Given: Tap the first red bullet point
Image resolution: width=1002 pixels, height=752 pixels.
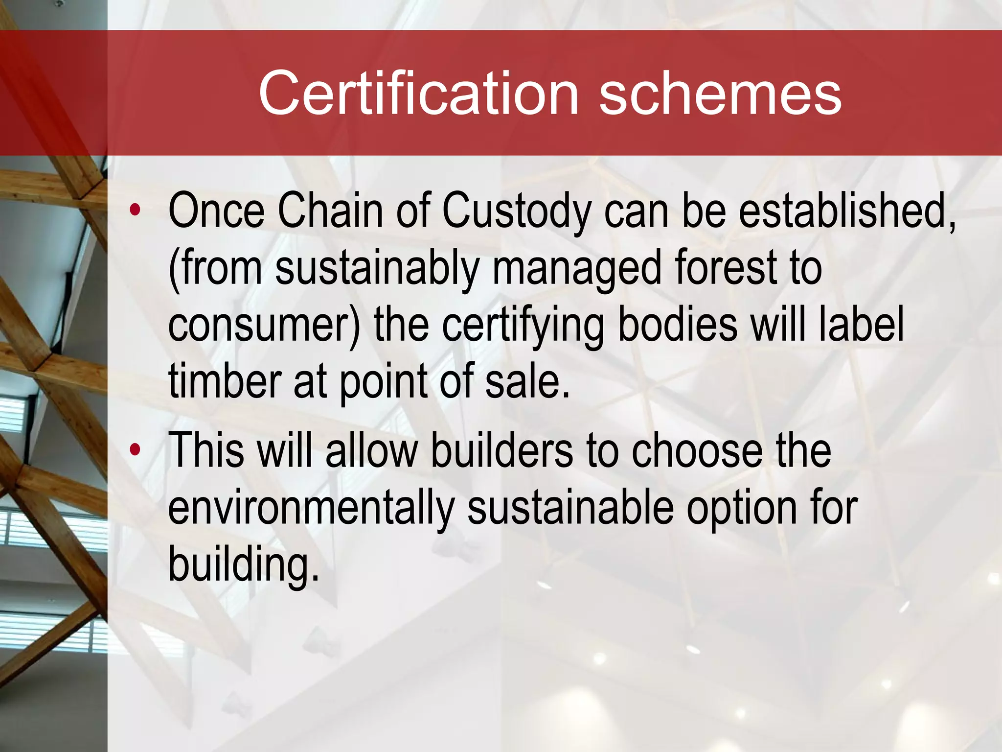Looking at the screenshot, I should [135, 211].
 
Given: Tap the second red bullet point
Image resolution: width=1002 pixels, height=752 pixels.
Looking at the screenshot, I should [135, 449].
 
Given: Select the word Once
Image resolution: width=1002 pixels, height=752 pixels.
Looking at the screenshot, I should [216, 211].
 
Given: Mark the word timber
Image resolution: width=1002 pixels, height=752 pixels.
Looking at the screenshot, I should [225, 381].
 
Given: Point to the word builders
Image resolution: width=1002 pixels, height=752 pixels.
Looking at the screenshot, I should [502, 449].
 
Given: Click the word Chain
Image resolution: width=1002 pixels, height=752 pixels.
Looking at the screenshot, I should [330, 211].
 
